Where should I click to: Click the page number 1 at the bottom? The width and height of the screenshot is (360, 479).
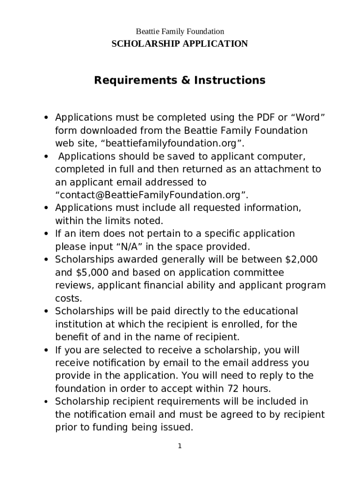click(180, 446)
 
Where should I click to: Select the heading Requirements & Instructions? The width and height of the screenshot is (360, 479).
click(180, 80)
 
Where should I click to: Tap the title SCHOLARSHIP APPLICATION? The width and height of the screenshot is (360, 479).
click(180, 44)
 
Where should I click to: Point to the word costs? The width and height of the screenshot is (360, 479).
click(68, 298)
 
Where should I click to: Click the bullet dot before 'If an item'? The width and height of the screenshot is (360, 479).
click(46, 234)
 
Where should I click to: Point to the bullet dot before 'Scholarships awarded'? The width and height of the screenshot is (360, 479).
click(46, 260)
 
